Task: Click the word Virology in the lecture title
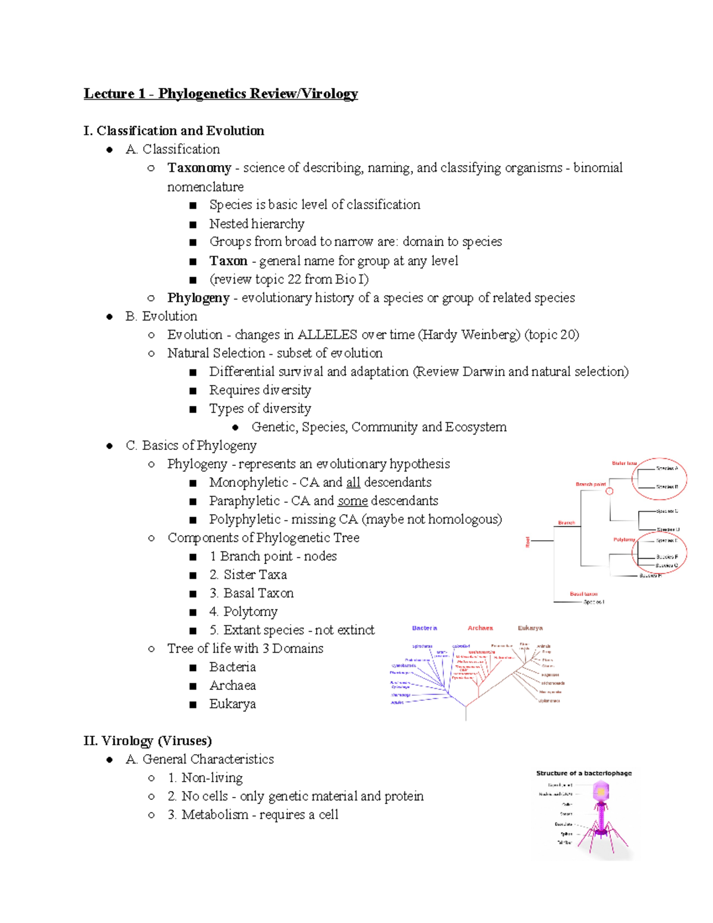[329, 94]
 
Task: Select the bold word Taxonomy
[199, 168]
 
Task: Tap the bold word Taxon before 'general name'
[228, 261]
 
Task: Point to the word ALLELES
[327, 335]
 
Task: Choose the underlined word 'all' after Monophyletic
[353, 483]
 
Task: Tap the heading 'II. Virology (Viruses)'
[148, 741]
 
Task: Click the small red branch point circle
[609, 491]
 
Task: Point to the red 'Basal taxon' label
[583, 594]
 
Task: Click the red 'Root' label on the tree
[528, 541]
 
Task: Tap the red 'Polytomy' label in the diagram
[624, 540]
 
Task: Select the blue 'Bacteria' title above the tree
[424, 628]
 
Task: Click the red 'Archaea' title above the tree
[480, 628]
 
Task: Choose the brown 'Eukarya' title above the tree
[530, 628]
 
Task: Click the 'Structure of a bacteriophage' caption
[583, 773]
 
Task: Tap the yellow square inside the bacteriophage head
[601, 792]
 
